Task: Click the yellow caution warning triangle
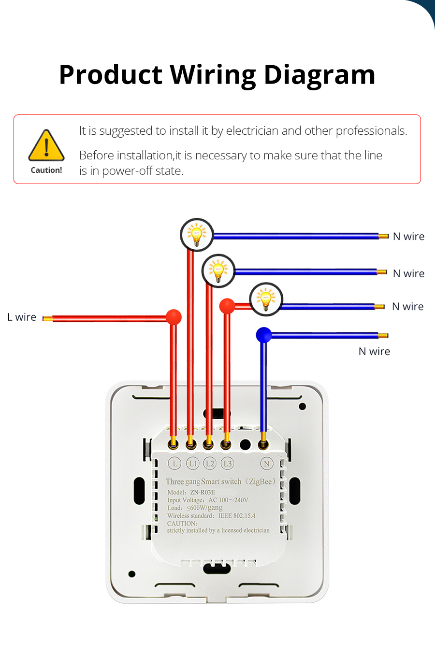coord(46,146)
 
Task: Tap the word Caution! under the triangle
coord(46,170)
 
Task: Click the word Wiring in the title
coord(212,75)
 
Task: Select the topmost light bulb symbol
coord(197,235)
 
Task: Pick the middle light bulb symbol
coord(218,270)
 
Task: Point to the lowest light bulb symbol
coord(266,299)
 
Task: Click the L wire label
coord(22,317)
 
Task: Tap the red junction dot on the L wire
coord(174,317)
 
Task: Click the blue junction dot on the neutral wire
coord(263,335)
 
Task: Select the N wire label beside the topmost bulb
coord(408,237)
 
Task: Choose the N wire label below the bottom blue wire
coord(374,352)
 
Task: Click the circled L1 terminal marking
coord(193,463)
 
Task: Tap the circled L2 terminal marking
coord(210,463)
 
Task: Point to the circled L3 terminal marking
coord(227,463)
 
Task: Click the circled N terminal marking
coord(266,464)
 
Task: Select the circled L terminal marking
coord(174,464)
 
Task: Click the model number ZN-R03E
coord(203,492)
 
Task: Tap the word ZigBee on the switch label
coord(261,482)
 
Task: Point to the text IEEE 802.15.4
coord(236,515)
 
